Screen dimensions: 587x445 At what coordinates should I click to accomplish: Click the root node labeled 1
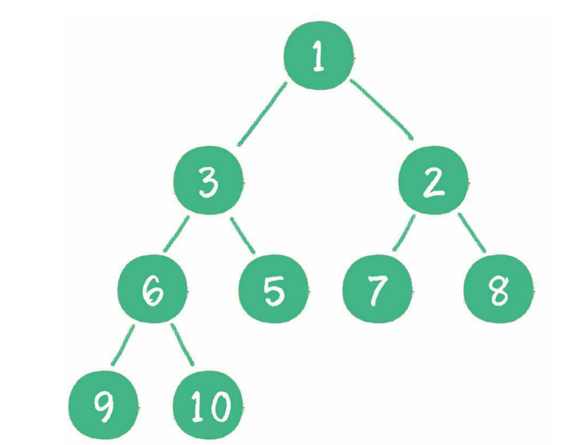317,58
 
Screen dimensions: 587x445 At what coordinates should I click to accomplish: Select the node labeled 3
208,182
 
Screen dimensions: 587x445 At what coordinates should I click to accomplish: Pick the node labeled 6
152,289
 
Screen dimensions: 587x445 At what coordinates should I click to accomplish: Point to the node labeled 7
376,289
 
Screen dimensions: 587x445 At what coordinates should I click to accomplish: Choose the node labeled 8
498,289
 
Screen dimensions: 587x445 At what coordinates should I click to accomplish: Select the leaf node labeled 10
208,405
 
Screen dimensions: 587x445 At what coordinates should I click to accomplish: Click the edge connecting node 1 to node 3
262,114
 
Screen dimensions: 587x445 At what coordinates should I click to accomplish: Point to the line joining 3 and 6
176,235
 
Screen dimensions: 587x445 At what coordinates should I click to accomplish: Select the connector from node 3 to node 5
243,235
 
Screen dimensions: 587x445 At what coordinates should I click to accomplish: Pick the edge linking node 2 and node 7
404,234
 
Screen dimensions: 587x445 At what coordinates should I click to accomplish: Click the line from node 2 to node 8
471,234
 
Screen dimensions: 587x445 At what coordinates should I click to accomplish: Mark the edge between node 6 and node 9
124,346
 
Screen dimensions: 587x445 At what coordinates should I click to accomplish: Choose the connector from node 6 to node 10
182,345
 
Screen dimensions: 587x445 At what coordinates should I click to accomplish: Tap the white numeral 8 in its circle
499,291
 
